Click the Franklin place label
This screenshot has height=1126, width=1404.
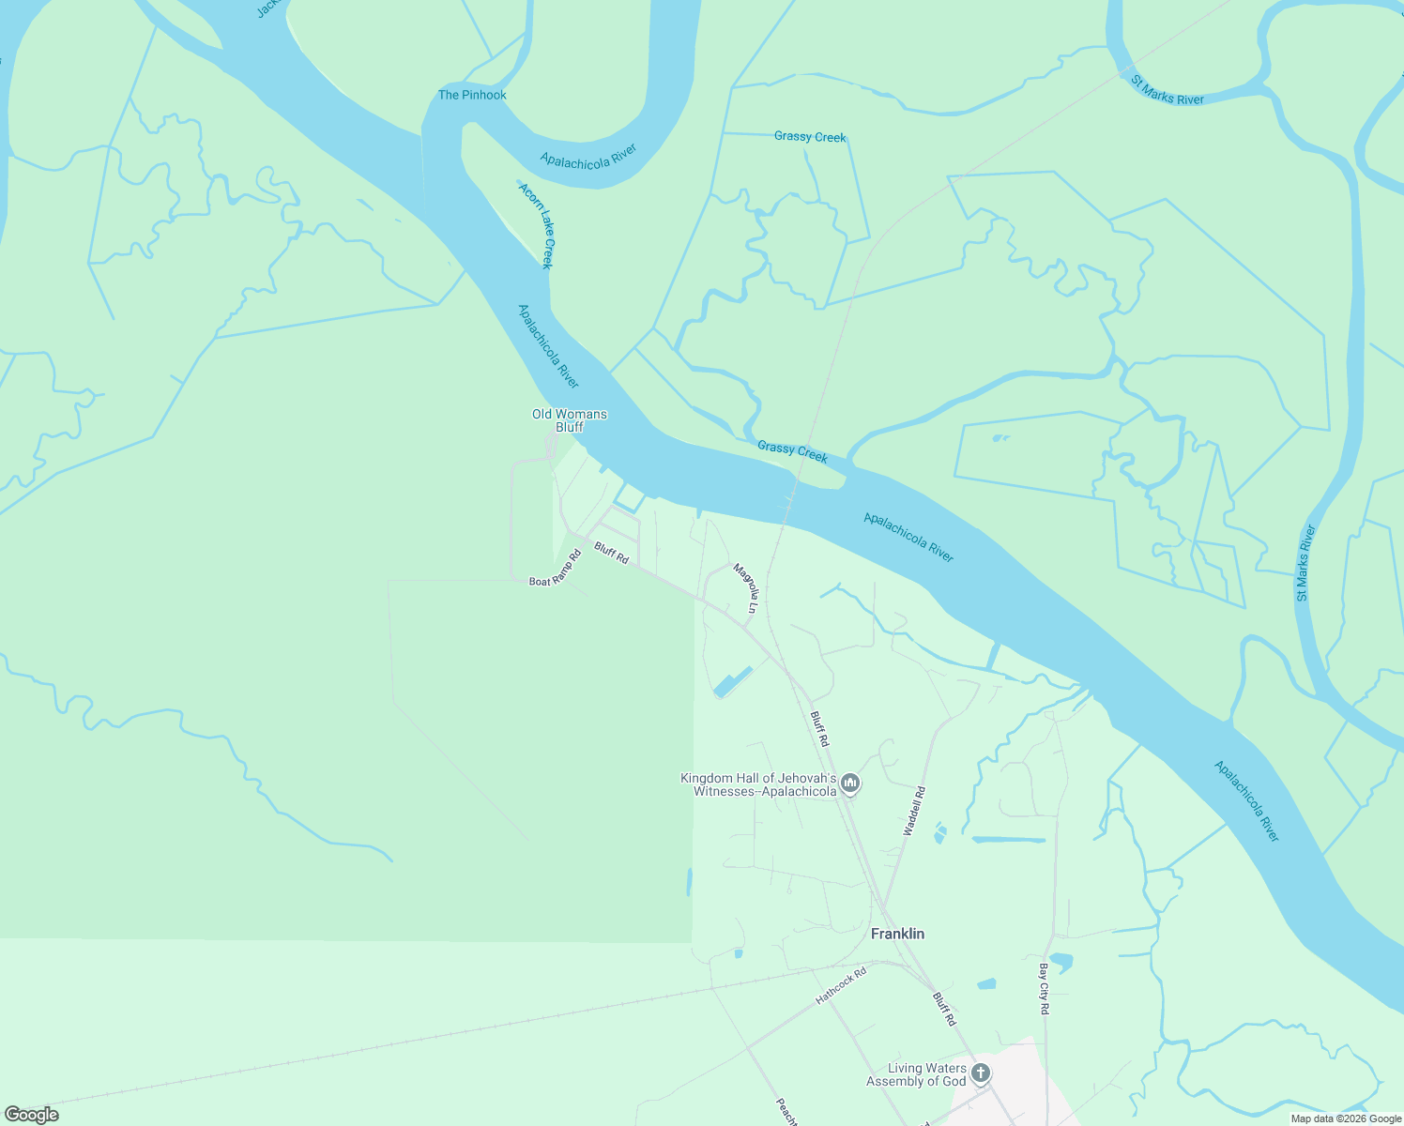pyautogui.click(x=897, y=934)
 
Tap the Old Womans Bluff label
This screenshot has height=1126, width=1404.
pyautogui.click(x=570, y=420)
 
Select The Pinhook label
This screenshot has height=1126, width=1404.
pyautogui.click(x=472, y=95)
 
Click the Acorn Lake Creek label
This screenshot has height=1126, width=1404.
pyautogui.click(x=537, y=226)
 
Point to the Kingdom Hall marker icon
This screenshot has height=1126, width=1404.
pyautogui.click(x=850, y=783)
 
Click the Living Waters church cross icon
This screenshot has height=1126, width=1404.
pyautogui.click(x=981, y=1073)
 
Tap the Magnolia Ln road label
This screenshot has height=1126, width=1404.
pyautogui.click(x=746, y=587)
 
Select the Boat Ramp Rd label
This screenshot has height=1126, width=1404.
pyautogui.click(x=556, y=568)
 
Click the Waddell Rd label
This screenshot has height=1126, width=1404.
pyautogui.click(x=914, y=811)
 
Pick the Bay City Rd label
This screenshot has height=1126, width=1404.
pyautogui.click(x=1044, y=988)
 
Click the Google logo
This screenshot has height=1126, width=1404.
pyautogui.click(x=31, y=1115)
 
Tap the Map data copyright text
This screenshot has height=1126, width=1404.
pyautogui.click(x=1346, y=1118)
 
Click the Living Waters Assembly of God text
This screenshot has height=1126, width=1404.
pyautogui.click(x=916, y=1075)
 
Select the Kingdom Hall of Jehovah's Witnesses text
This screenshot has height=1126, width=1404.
pyautogui.click(x=758, y=784)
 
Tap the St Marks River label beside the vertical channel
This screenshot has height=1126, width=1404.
pyautogui.click(x=1305, y=563)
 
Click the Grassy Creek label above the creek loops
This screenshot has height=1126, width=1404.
pyautogui.click(x=810, y=137)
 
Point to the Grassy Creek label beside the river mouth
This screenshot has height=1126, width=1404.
pyautogui.click(x=792, y=451)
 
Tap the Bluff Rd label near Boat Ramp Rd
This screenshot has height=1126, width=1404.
pyautogui.click(x=611, y=555)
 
